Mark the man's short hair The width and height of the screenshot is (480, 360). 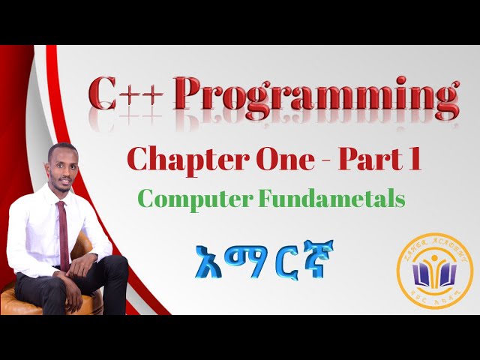tap(61, 148)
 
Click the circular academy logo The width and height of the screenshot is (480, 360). tap(434, 271)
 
